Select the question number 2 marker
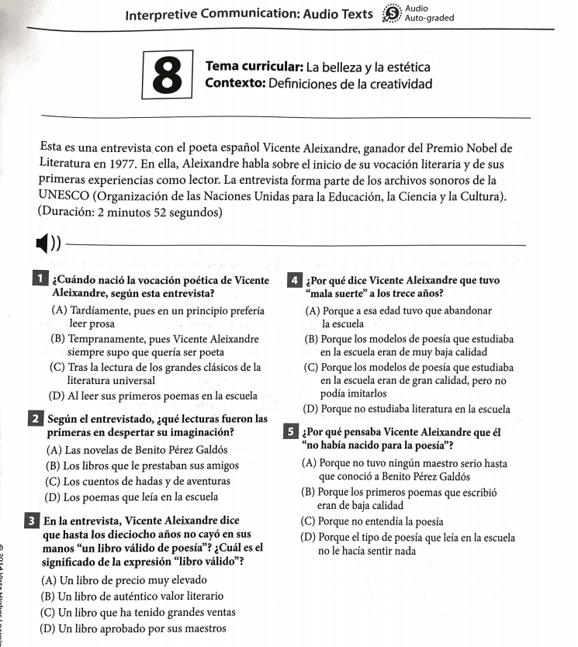[x=36, y=419]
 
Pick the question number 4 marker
[x=294, y=280]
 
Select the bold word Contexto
[x=236, y=84]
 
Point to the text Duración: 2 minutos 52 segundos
[x=130, y=212]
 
